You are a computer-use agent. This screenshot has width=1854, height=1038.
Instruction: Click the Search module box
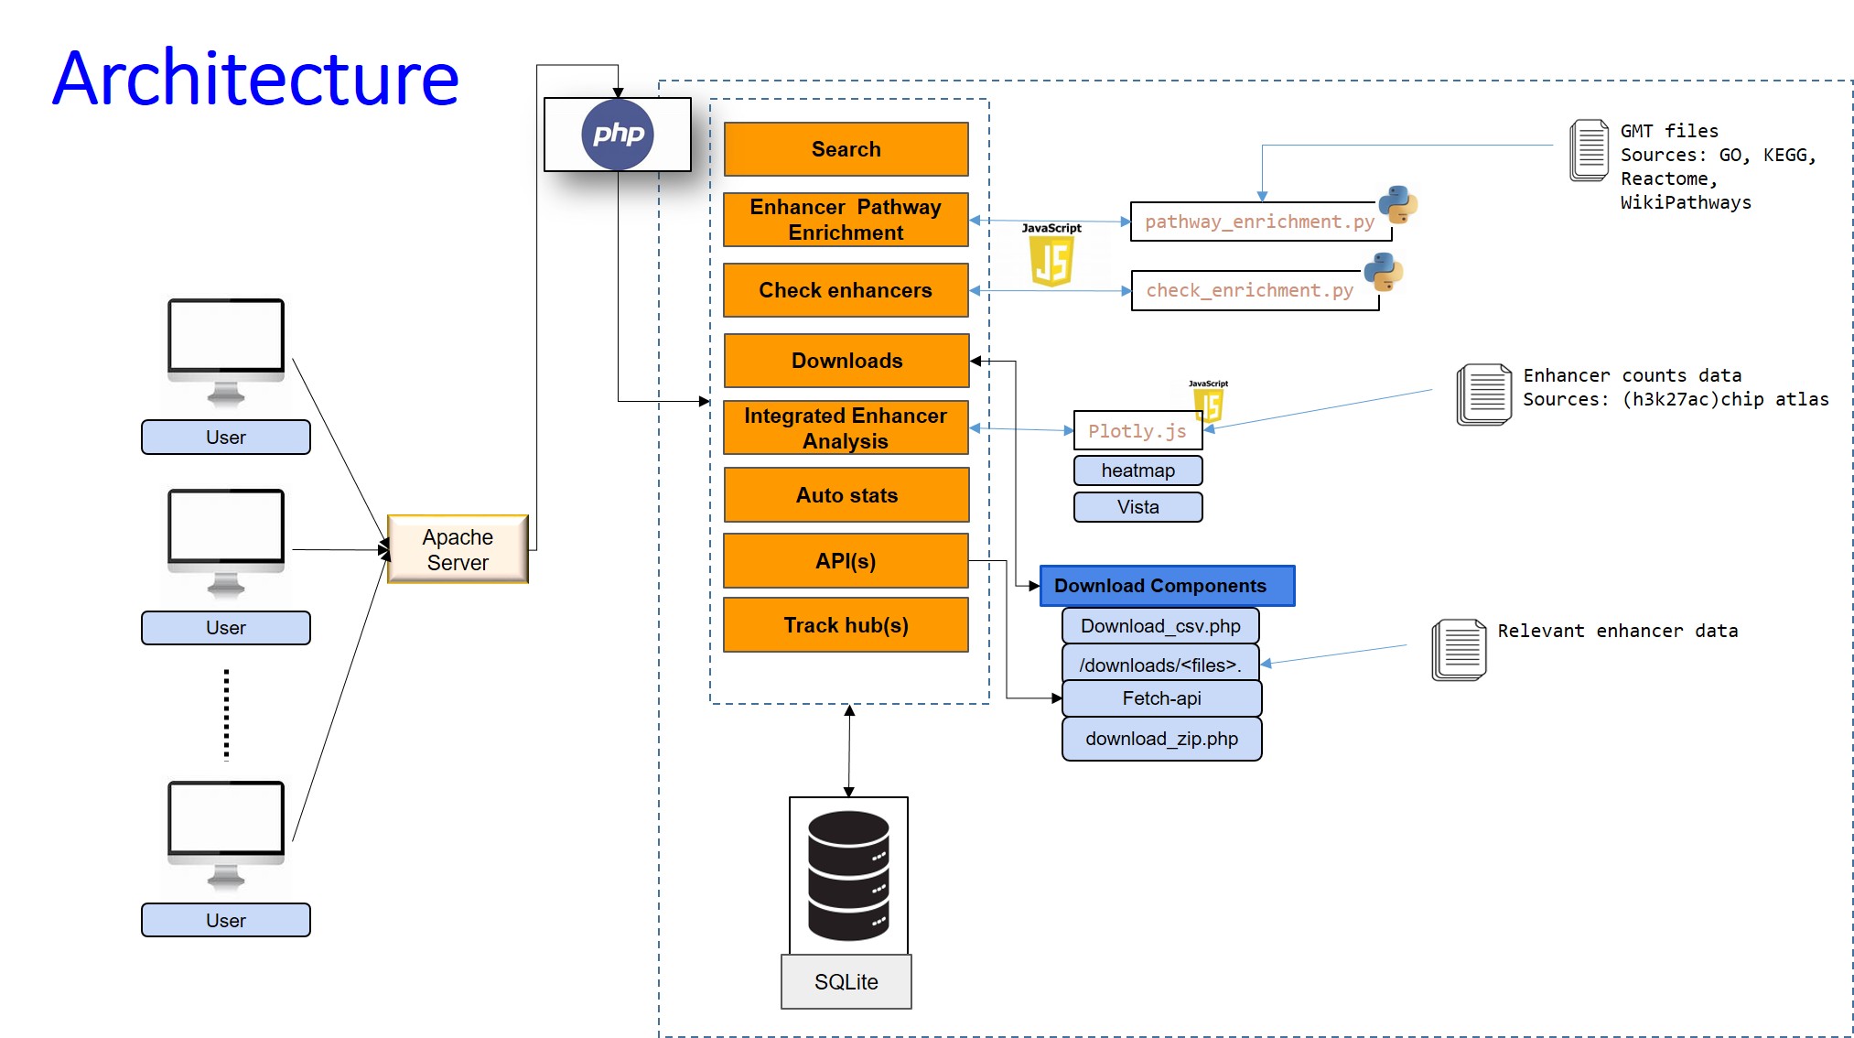pos(846,149)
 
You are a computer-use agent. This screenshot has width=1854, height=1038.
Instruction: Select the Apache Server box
pos(458,549)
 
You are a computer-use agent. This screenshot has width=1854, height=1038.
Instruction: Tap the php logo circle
pos(618,135)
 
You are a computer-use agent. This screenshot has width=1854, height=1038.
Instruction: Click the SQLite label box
pos(846,981)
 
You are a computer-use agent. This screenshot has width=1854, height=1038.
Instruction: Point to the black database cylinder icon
pos(848,875)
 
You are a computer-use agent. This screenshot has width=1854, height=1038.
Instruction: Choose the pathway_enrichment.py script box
pos(1259,222)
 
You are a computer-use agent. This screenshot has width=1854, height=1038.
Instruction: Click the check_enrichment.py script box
pos(1250,291)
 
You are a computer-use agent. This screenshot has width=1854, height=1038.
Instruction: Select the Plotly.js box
pos(1137,431)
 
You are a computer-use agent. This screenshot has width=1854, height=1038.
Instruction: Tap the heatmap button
pos(1137,470)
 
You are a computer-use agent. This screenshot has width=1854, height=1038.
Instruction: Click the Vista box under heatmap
pos(1137,507)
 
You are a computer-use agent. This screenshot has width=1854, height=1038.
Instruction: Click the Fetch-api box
pos(1161,698)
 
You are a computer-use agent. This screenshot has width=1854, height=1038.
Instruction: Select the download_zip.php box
pos(1161,739)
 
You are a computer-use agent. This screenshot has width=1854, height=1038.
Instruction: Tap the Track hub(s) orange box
pos(846,625)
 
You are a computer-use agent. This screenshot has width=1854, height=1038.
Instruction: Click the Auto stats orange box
pos(846,495)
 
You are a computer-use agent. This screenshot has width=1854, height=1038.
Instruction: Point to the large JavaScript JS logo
pos(1051,260)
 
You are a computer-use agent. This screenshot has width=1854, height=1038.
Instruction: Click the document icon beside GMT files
pos(1590,150)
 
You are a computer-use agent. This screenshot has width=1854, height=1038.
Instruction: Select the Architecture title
pos(255,79)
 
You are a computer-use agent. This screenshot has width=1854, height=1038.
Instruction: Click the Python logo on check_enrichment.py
pos(1383,272)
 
